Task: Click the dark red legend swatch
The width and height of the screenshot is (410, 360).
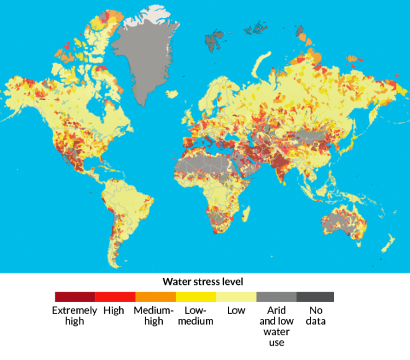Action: click(x=75, y=297)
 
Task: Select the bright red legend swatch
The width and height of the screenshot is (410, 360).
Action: click(x=115, y=297)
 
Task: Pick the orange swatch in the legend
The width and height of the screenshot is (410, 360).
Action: click(x=155, y=297)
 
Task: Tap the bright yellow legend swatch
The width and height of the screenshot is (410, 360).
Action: click(x=196, y=297)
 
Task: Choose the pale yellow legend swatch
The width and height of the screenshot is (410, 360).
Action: click(x=236, y=297)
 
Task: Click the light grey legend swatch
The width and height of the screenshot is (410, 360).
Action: click(x=276, y=297)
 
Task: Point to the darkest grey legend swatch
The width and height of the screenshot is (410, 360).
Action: click(x=316, y=297)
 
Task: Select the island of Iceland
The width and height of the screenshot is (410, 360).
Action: click(x=172, y=94)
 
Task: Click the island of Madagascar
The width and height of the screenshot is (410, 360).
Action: click(x=246, y=215)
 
